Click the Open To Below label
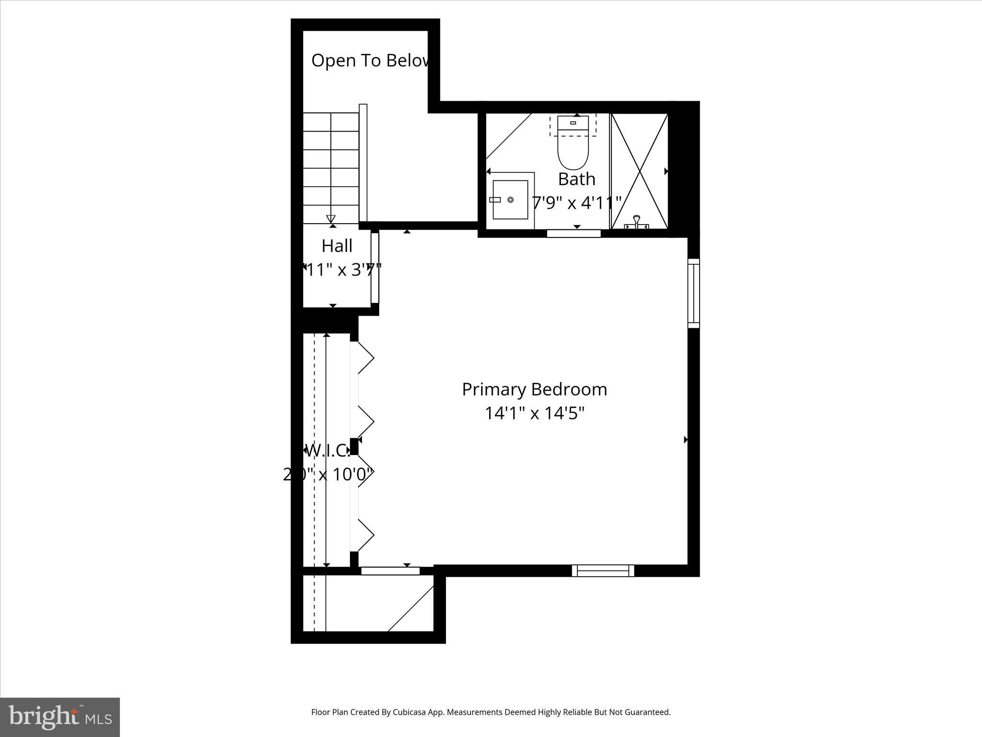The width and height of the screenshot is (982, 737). [x=370, y=61]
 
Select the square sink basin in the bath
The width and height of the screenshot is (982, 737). [x=510, y=199]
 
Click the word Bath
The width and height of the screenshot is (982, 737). [x=576, y=179]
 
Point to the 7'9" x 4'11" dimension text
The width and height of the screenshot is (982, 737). [x=577, y=203]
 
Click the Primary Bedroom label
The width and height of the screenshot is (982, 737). [x=534, y=389]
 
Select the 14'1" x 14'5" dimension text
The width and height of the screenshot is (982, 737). [x=534, y=413]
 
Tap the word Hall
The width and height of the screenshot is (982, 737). [x=337, y=246]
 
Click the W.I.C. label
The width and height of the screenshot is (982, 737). [x=328, y=451]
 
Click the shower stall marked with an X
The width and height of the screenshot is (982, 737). [x=639, y=171]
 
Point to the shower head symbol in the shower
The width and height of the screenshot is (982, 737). [x=636, y=222]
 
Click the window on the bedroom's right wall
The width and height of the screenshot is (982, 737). [x=693, y=293]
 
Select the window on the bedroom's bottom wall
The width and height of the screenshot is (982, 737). [x=603, y=571]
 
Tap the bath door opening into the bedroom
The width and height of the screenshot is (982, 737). [x=573, y=234]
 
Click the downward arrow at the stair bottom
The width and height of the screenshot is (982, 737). [x=330, y=219]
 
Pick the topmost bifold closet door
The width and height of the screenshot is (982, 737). [x=363, y=357]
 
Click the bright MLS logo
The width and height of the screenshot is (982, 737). [x=60, y=717]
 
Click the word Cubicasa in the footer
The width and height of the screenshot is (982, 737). [x=410, y=712]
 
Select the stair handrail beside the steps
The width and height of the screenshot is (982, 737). [x=363, y=163]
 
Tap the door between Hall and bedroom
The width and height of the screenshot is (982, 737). [x=375, y=268]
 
